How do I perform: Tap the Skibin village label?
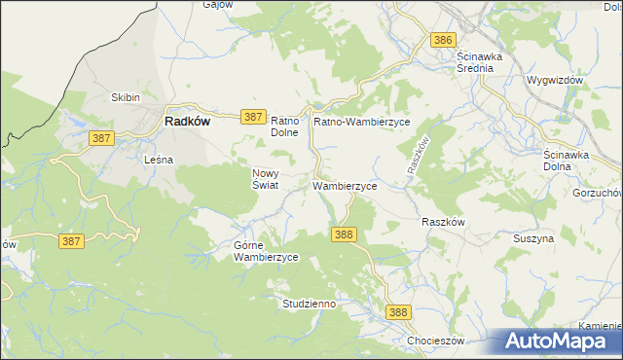coord(127,98)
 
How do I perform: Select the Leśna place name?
coord(158,159)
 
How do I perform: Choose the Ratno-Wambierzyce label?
coord(362,122)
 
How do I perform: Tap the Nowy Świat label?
coord(266,178)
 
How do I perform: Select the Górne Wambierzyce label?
coord(265,251)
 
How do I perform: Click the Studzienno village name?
coord(310,304)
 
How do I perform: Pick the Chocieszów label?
coord(435,342)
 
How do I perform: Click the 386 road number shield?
coord(443,40)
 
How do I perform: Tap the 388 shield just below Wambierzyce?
coord(344,234)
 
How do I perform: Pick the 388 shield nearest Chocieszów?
coord(397,312)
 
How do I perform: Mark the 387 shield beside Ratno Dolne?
coord(252,116)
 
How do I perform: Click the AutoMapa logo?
coord(559,342)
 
